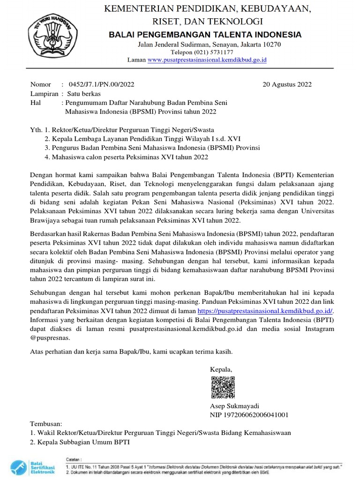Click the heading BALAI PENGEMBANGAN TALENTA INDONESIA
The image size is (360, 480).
205,35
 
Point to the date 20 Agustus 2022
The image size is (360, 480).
287,84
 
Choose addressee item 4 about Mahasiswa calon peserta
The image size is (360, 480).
126,157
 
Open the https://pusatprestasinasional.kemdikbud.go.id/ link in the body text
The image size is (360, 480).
265,311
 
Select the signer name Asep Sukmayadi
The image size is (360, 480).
234,406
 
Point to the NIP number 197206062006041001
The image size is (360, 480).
249,415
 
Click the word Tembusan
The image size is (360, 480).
45,424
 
